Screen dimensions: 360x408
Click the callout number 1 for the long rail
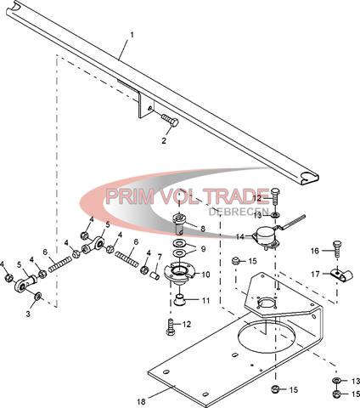[x=132, y=36]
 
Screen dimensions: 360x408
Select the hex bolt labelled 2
[x=170, y=121]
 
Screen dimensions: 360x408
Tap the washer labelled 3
[x=37, y=296]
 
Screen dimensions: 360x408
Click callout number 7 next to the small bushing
[x=160, y=257]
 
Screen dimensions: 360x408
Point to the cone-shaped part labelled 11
[x=179, y=300]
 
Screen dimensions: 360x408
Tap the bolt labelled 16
[x=336, y=248]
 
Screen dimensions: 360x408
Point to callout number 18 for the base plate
[x=141, y=401]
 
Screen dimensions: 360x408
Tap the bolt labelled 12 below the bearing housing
[x=171, y=327]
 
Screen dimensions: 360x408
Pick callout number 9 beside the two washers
[x=203, y=249]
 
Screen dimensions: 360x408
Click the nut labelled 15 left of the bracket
[x=235, y=261]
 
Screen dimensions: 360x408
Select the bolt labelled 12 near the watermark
[x=275, y=199]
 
